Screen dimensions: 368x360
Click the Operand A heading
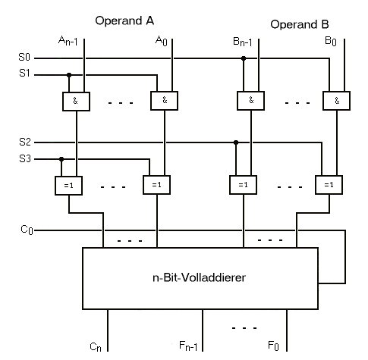tap(124, 20)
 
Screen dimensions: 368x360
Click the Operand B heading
tap(300, 24)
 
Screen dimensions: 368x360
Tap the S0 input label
tap(24, 57)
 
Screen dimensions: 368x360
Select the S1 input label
tap(24, 73)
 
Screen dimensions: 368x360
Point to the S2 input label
tap(25, 142)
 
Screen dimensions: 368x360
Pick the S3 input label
tap(25, 158)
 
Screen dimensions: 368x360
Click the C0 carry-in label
tap(27, 230)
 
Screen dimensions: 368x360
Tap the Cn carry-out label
tap(96, 346)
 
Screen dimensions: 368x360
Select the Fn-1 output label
tap(188, 346)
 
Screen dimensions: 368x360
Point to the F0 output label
tap(273, 346)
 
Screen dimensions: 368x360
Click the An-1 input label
tap(68, 41)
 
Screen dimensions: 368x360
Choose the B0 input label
tap(331, 41)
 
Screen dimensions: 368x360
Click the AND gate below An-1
tap(76, 102)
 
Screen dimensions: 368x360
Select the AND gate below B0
tap(336, 101)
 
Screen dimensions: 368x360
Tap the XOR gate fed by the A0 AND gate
tap(156, 185)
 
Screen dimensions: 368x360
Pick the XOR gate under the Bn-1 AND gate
tap(243, 185)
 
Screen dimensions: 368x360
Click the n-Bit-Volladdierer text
tap(199, 277)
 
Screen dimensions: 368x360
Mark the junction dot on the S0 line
tap(244, 58)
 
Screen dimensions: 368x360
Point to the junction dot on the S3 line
tap(61, 159)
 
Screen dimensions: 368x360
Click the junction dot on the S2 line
tap(236, 142)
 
